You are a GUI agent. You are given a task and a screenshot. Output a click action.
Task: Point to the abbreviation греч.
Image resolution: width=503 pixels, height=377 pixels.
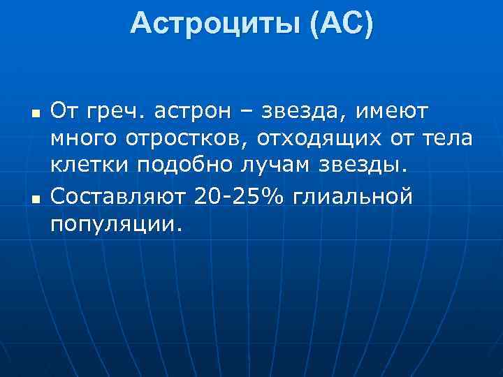coord(117,111)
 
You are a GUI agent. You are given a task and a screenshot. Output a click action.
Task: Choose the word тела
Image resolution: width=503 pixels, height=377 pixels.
coord(448,139)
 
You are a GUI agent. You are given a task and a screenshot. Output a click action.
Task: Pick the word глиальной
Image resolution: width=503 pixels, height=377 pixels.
coord(353,197)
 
